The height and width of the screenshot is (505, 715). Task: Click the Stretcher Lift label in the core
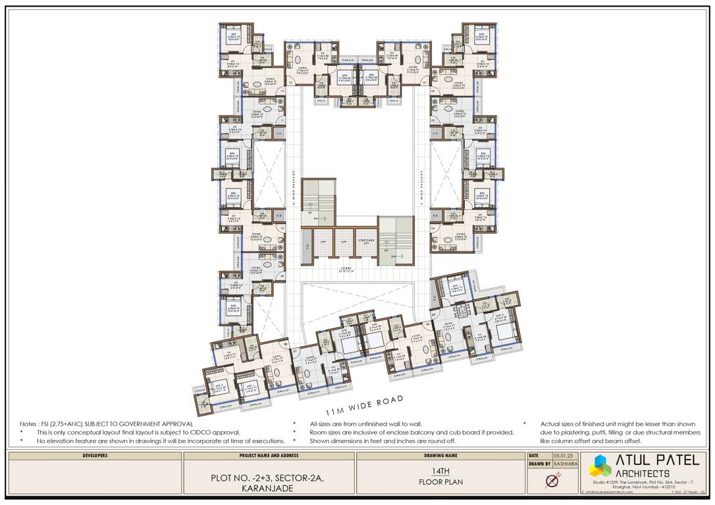coord(366,241)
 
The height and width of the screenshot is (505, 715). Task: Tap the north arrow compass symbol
coord(552,480)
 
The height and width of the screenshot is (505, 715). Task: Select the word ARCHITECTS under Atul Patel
coord(643,473)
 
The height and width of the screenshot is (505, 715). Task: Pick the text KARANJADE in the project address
coord(268,489)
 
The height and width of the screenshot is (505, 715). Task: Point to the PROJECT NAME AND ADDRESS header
coord(268,455)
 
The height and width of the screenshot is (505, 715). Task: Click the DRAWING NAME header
coord(440,455)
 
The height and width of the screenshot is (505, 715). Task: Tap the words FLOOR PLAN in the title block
coord(440,482)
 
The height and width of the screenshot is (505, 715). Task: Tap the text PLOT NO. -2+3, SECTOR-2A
coord(268,478)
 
